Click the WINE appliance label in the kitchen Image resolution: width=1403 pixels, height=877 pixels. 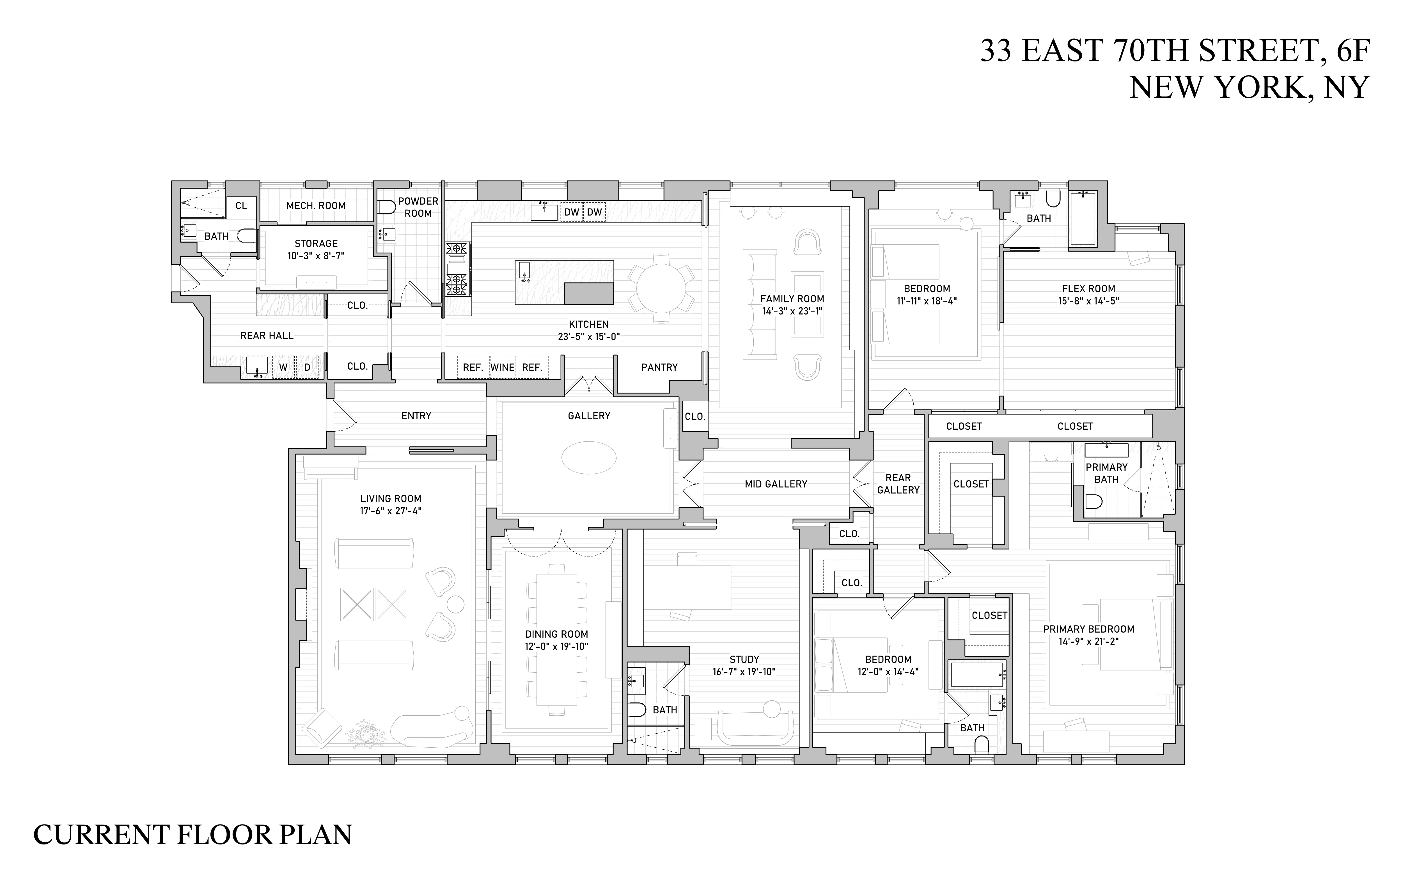(x=502, y=367)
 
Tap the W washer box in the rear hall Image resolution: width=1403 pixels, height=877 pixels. (x=283, y=367)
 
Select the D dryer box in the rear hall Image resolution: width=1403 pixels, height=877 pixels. (x=307, y=367)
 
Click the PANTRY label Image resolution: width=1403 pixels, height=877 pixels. (x=659, y=367)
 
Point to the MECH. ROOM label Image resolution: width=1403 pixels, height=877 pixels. (x=316, y=206)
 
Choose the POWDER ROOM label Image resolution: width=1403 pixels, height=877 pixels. (x=418, y=207)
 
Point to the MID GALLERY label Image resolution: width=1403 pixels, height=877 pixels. (x=776, y=484)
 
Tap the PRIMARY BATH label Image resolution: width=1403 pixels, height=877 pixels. (x=1106, y=473)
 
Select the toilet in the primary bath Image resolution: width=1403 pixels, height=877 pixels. (x=1093, y=501)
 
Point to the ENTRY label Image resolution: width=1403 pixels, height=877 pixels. (x=416, y=416)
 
